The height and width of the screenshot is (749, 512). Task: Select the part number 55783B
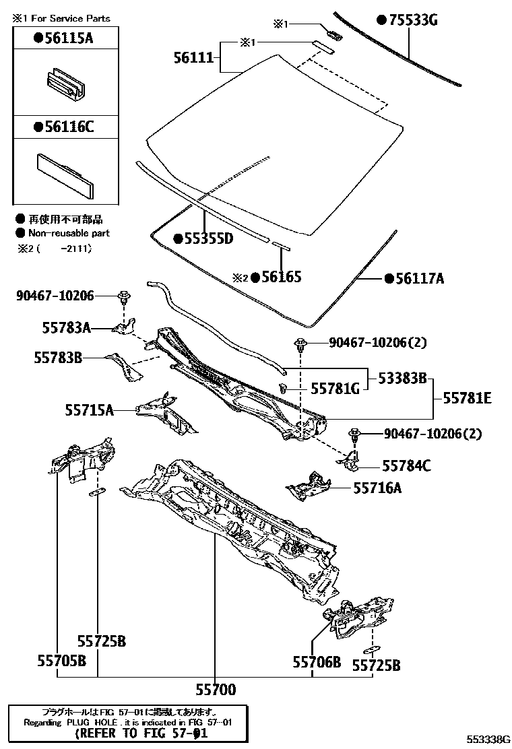click(x=58, y=358)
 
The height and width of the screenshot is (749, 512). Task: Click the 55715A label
click(x=90, y=409)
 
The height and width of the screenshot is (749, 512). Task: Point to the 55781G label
click(x=334, y=389)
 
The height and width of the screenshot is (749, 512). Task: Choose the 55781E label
click(x=466, y=398)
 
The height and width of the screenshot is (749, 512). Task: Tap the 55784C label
click(x=406, y=465)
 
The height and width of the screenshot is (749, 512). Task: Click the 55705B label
click(x=61, y=661)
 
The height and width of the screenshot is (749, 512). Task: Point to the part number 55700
click(x=216, y=689)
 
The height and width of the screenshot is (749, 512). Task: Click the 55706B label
click(x=317, y=662)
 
